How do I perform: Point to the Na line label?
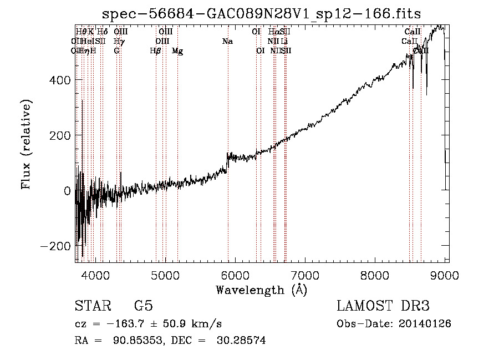click(x=227, y=42)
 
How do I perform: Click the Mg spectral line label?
click(x=177, y=51)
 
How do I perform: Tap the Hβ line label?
click(x=156, y=51)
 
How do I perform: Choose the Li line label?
click(x=284, y=42)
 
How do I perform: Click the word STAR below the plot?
click(x=93, y=306)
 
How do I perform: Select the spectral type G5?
click(x=144, y=306)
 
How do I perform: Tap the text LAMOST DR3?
click(x=383, y=306)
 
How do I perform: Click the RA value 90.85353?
click(x=126, y=341)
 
